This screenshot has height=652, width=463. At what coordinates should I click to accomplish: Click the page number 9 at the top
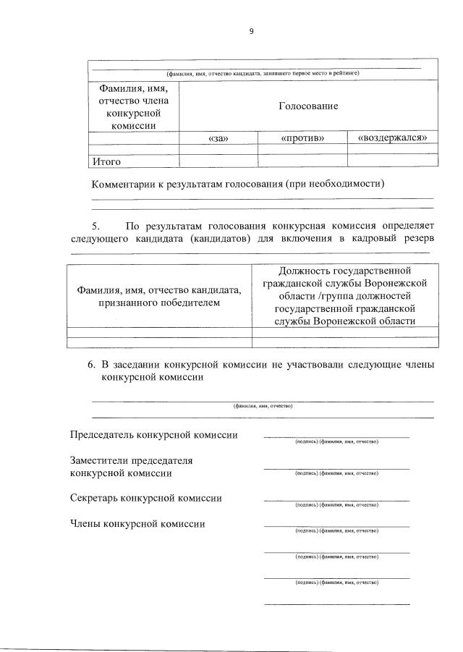click(250, 30)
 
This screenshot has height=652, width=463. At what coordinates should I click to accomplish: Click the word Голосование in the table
click(308, 106)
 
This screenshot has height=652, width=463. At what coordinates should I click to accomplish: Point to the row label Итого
click(106, 161)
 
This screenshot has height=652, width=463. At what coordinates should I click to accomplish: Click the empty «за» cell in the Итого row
click(218, 161)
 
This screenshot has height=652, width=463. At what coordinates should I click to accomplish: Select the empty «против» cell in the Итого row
click(302, 161)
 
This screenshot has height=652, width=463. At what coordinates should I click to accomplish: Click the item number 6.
click(91, 365)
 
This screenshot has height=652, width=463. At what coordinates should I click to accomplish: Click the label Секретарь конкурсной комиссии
click(145, 498)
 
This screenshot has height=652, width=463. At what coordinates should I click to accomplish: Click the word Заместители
click(101, 460)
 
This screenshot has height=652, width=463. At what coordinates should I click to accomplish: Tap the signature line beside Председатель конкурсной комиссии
click(336, 436)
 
